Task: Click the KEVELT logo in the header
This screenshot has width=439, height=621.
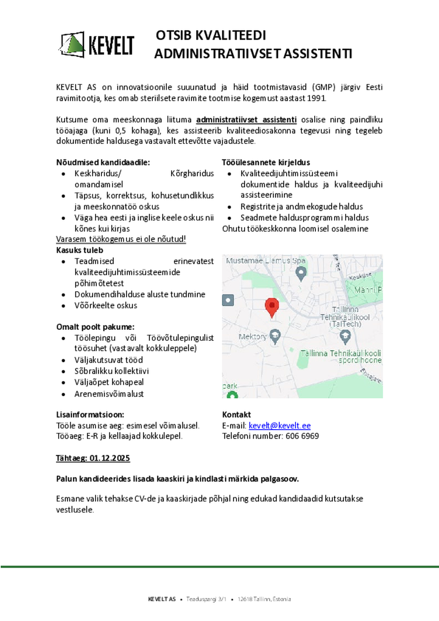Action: (x=97, y=45)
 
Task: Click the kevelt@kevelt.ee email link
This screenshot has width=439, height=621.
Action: (x=279, y=425)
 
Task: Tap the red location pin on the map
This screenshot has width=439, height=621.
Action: (x=272, y=307)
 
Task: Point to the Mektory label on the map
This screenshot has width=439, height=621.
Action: (x=252, y=337)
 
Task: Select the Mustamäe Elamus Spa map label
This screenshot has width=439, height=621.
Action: (x=265, y=260)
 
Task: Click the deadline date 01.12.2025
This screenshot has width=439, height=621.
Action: (x=110, y=458)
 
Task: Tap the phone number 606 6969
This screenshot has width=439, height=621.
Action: (x=302, y=436)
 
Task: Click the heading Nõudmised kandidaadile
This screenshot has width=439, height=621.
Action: (x=103, y=162)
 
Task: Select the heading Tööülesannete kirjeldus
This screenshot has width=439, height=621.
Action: (x=266, y=162)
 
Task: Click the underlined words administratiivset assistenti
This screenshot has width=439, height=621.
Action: (x=246, y=120)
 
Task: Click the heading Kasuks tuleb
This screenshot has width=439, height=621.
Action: (x=80, y=250)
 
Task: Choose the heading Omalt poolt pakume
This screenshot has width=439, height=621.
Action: (x=95, y=327)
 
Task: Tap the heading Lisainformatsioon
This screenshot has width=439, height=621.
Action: (x=90, y=414)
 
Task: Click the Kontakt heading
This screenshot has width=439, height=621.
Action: (x=236, y=414)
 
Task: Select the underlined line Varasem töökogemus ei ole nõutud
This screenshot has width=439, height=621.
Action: (x=121, y=239)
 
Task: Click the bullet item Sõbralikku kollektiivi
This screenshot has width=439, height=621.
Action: (x=112, y=371)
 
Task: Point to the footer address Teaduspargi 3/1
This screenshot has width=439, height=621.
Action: (x=206, y=599)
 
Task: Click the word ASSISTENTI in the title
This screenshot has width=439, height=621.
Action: (x=317, y=54)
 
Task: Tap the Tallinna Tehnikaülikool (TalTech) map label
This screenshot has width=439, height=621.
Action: (x=345, y=317)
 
